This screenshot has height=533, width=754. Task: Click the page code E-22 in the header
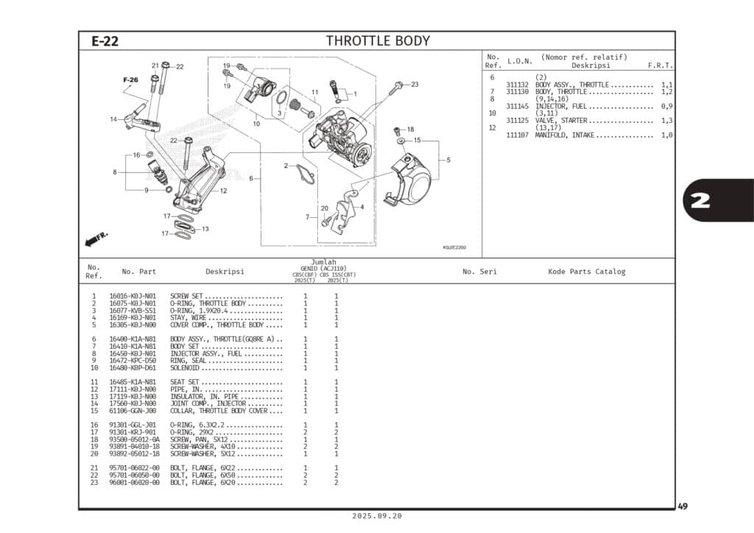coord(105,41)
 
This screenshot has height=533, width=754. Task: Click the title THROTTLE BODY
coord(378,41)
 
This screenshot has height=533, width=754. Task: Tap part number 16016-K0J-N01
coord(133,296)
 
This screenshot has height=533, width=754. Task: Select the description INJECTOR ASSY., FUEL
coord(216,353)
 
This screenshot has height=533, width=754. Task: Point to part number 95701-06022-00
coord(133,468)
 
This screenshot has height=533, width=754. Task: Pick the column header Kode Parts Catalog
coord(586,272)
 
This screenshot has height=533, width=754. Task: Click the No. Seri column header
coord(479,272)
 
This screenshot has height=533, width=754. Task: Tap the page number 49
coord(683,506)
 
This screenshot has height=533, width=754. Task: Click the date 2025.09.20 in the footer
coord(378,516)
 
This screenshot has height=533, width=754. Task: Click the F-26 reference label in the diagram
coord(130,80)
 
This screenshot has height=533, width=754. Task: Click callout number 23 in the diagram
coord(415,85)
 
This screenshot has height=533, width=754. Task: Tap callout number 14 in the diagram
coord(113,119)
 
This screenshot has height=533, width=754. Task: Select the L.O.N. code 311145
coord(520,106)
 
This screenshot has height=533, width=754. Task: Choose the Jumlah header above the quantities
coord(323,262)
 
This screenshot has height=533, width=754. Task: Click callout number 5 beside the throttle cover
coord(448,160)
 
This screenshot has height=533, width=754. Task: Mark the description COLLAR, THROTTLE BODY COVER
coord(223,411)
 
